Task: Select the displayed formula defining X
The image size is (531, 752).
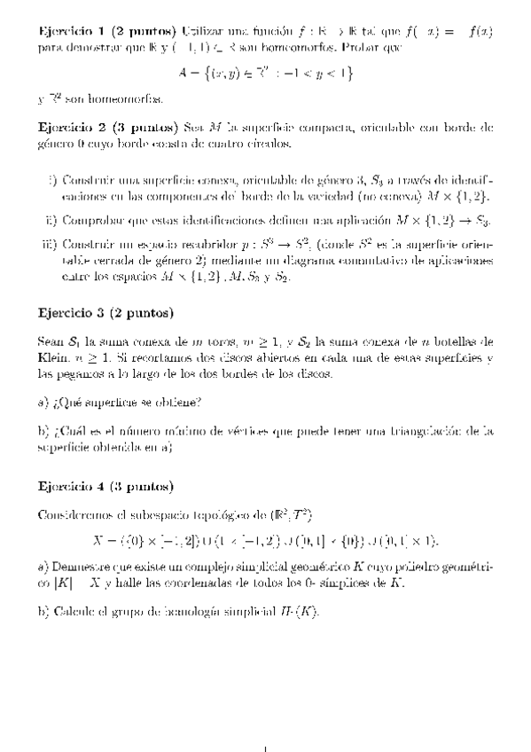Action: coord(265,540)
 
